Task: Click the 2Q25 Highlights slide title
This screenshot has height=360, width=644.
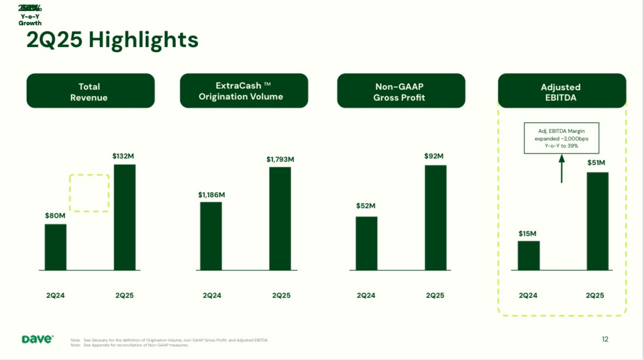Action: (x=112, y=40)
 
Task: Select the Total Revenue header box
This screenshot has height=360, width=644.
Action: (x=91, y=91)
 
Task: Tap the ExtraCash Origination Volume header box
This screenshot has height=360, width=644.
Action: (x=244, y=91)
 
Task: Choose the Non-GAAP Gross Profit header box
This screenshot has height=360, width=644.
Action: (x=401, y=91)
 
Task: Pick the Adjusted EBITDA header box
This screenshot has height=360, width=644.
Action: (x=562, y=91)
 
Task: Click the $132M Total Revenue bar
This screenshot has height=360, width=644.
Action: (x=125, y=217)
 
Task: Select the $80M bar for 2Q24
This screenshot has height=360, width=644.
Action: (x=56, y=247)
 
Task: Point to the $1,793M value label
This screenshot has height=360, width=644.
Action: (x=280, y=159)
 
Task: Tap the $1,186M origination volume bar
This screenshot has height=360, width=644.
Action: (x=211, y=236)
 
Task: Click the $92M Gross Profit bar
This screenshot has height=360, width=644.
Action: (x=435, y=217)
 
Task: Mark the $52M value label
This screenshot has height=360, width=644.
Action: (x=366, y=206)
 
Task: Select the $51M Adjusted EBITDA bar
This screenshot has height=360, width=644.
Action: (x=597, y=221)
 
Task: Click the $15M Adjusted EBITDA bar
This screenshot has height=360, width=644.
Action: (x=528, y=256)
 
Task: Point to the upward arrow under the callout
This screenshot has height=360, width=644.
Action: (x=561, y=169)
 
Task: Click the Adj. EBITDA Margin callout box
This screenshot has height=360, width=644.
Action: (x=561, y=138)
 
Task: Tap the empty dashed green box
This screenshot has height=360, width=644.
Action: (x=90, y=193)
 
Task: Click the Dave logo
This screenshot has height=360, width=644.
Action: (x=38, y=339)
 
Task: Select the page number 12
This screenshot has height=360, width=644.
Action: (x=605, y=339)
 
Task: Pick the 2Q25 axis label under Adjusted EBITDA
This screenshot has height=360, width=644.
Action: (x=595, y=296)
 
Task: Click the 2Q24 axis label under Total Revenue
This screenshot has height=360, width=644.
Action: (x=56, y=296)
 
